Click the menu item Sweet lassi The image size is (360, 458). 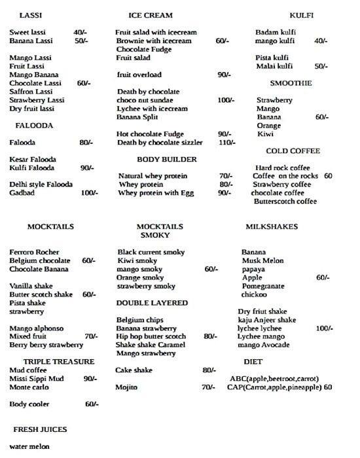click(29, 31)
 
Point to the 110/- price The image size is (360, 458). click(226, 143)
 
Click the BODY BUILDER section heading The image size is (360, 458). click(166, 160)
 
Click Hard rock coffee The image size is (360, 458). click(283, 167)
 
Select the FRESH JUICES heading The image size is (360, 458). click(41, 430)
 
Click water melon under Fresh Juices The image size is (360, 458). click(29, 447)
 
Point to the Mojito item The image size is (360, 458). click(127, 387)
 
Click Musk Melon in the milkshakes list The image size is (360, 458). click(261, 260)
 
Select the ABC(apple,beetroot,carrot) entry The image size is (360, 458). click(274, 379)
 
